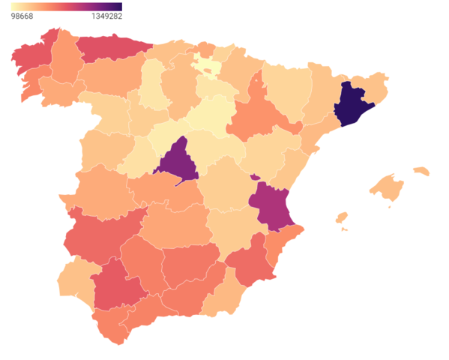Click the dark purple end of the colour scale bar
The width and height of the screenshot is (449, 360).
pyautogui.click(x=118, y=7)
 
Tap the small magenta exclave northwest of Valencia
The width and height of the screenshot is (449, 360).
pyautogui.click(x=256, y=177)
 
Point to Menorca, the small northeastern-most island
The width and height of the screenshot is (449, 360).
pyautogui.click(x=421, y=171)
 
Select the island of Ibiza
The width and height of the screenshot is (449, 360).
pyautogui.click(x=341, y=218)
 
